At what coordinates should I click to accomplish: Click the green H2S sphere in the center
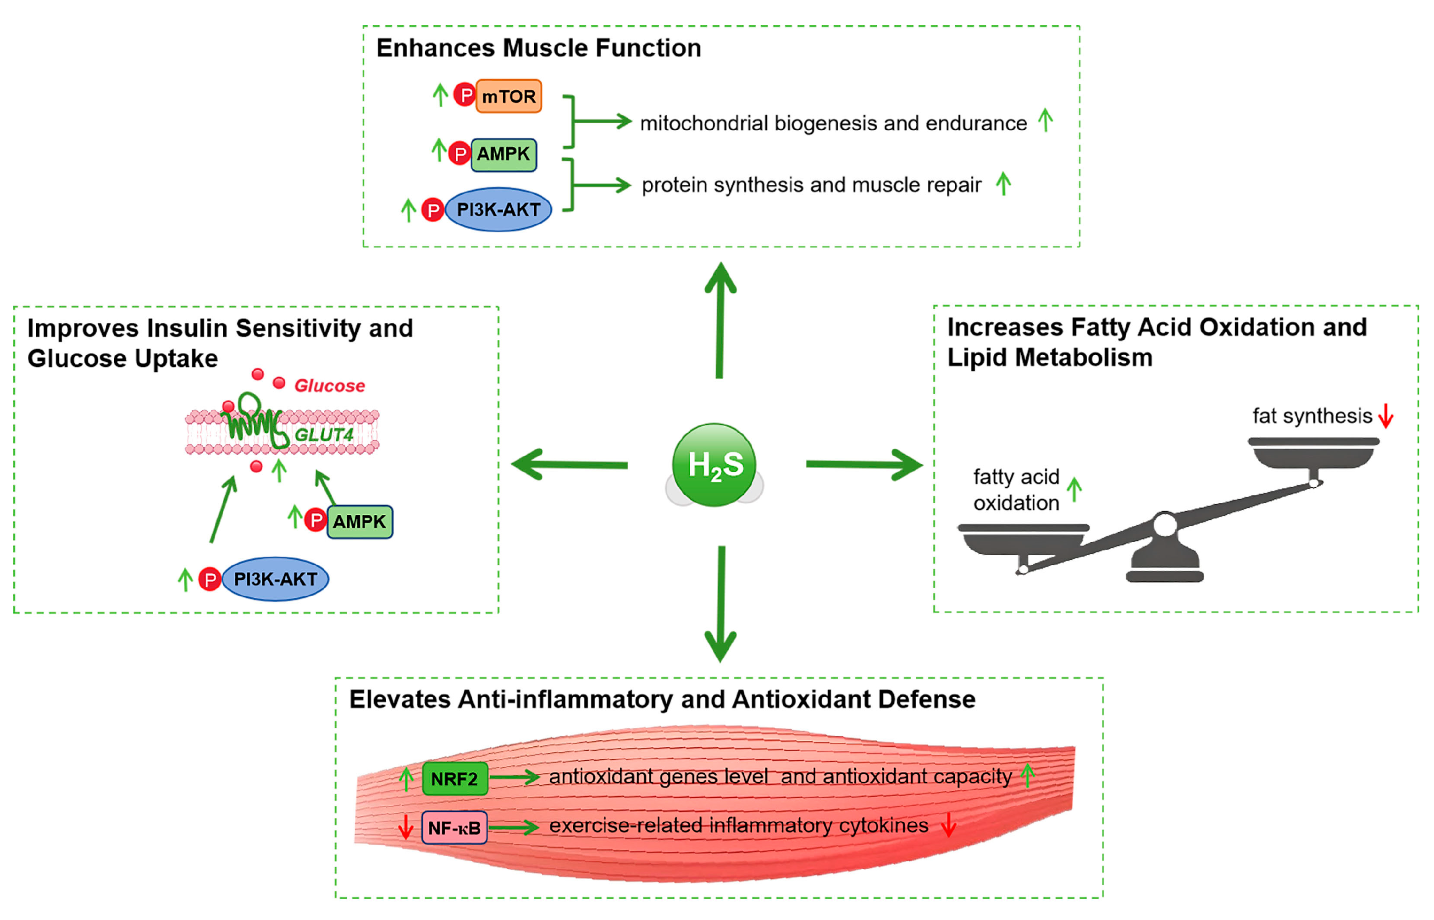coord(714,465)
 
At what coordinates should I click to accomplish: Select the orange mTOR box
coord(509,96)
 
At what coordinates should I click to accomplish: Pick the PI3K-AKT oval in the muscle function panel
coord(498,209)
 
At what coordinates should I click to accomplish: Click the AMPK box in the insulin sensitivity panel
coord(360,522)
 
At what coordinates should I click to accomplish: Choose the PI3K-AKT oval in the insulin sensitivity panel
coord(276,579)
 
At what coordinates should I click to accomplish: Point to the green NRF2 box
coord(455,778)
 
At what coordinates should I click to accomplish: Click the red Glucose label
coord(329,386)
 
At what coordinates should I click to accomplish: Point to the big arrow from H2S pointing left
coord(570,465)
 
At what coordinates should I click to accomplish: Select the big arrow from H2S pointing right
coord(864,465)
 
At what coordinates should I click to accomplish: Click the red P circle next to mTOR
coord(465,94)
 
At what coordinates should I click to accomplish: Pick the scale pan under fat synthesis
coord(1313,453)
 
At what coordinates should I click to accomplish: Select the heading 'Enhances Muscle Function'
coord(538,48)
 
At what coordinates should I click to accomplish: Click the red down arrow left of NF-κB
coord(406,827)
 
